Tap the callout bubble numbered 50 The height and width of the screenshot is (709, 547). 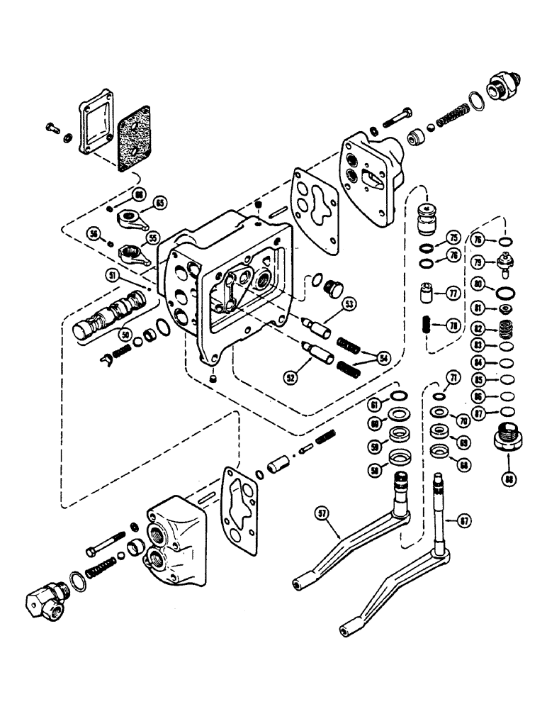(x=125, y=333)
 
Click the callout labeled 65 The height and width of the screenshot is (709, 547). (x=160, y=203)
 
